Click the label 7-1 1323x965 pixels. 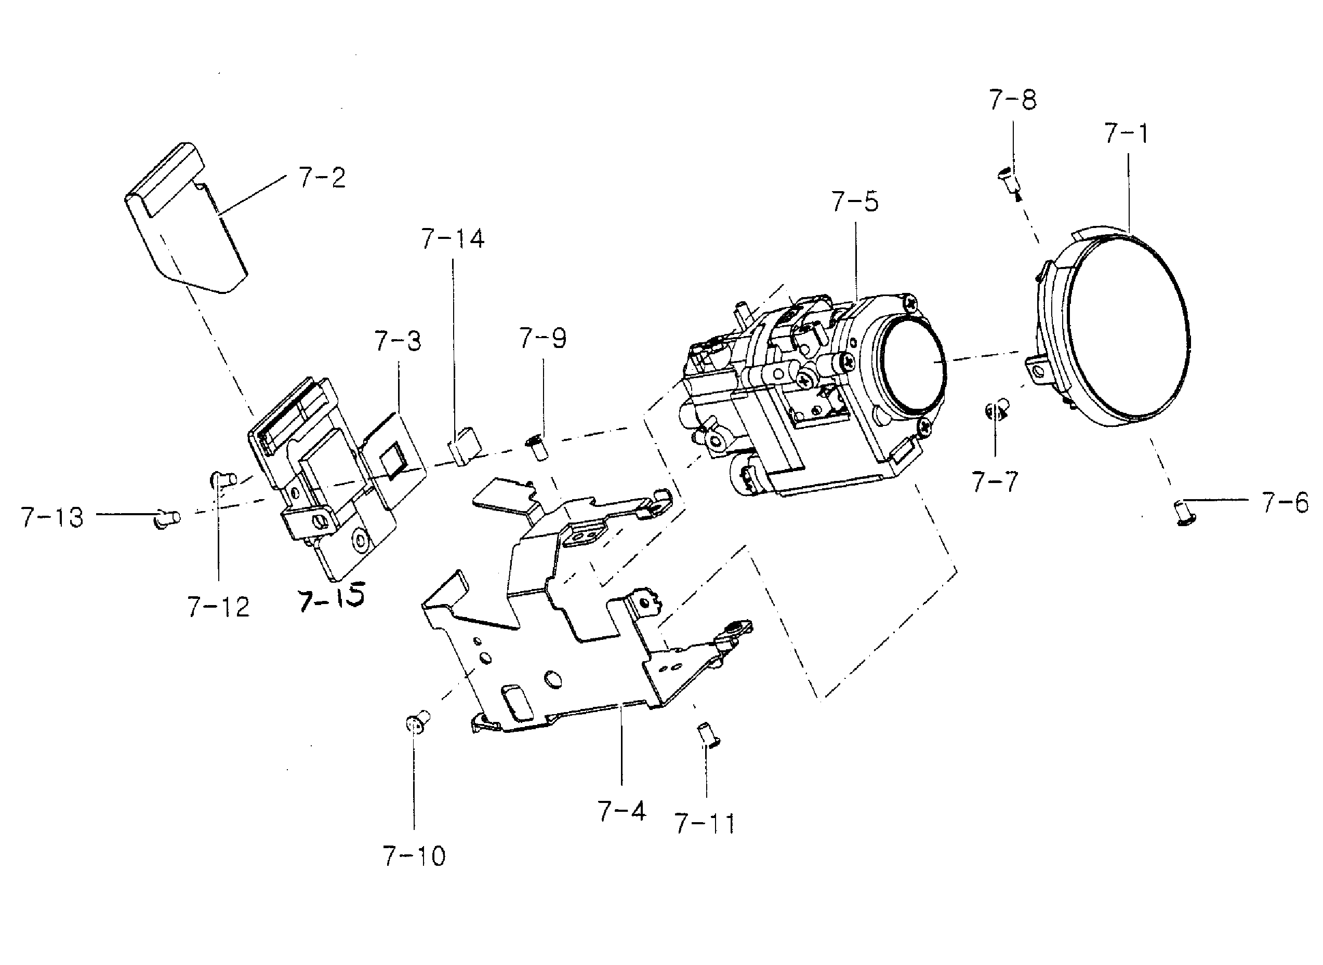[1126, 135]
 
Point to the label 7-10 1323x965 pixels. [414, 856]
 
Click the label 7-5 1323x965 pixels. [854, 202]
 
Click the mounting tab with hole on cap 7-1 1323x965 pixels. [1038, 370]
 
